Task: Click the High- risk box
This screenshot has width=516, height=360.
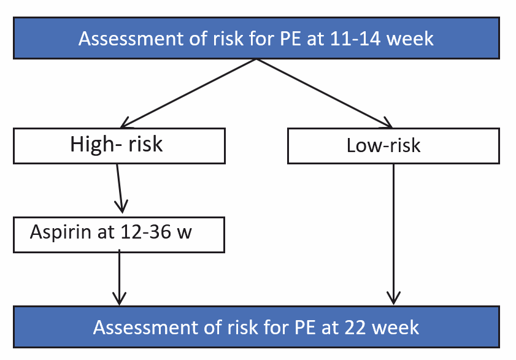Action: point(119,146)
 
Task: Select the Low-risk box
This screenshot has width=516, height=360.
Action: point(393,146)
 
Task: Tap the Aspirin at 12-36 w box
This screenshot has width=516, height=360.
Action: point(119,235)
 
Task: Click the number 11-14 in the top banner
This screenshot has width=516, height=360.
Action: point(355,39)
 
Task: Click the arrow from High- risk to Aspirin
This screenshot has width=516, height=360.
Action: point(119,188)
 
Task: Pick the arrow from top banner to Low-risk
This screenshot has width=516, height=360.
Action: point(325,93)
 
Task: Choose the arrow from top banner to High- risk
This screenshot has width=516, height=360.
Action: point(188,93)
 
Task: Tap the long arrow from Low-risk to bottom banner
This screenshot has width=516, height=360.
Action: point(393,234)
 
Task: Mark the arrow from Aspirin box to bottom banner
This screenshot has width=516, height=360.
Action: point(119,277)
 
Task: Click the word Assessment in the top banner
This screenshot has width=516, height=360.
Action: point(131,39)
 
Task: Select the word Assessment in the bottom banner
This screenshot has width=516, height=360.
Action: point(146,327)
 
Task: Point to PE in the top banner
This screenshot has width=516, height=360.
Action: point(291,39)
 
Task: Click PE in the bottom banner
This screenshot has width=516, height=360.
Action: point(306,327)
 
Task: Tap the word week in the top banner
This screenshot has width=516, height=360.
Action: point(410,39)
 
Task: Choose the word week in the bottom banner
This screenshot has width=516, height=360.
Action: point(395,327)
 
